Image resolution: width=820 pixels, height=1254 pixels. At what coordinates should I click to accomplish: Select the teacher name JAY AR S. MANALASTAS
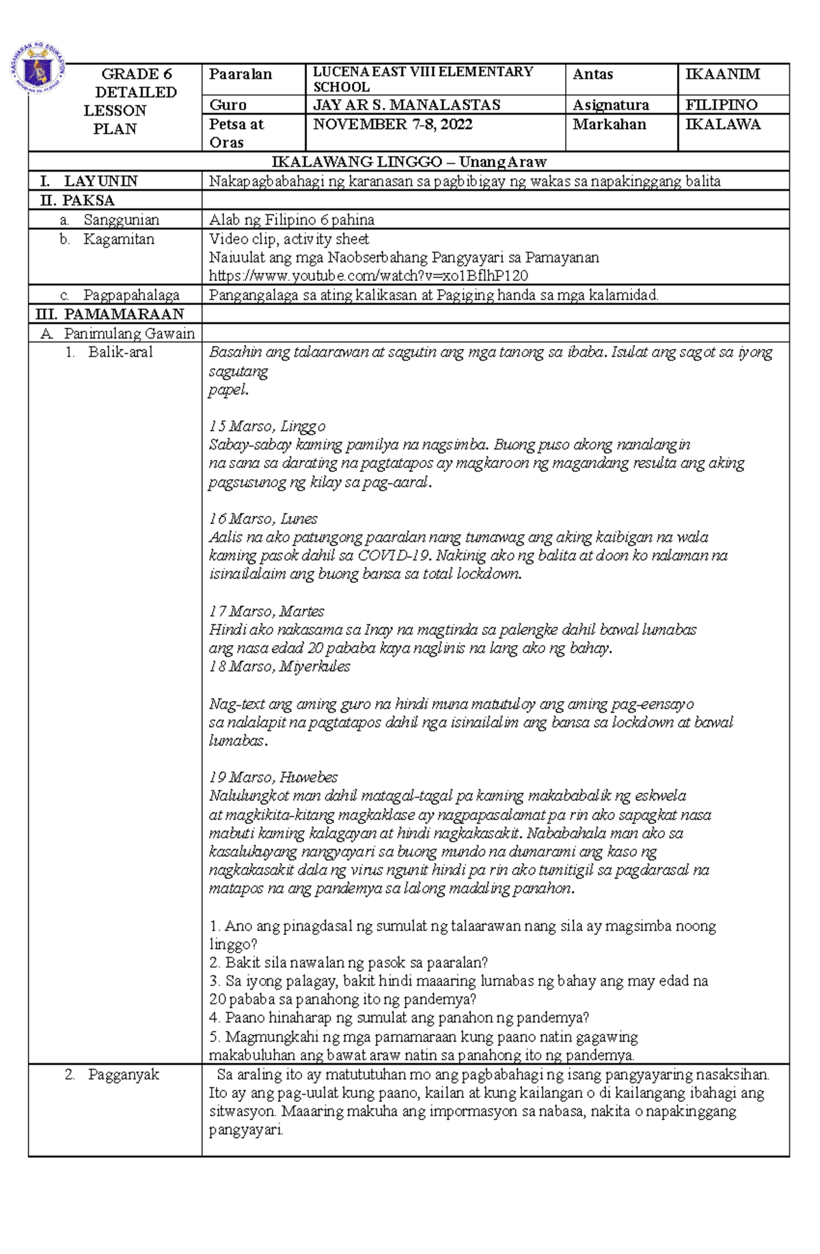point(406,105)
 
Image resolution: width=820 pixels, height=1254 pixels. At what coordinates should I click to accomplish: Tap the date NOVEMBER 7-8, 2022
point(392,124)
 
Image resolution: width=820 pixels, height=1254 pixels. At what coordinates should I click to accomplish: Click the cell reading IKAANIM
point(722,74)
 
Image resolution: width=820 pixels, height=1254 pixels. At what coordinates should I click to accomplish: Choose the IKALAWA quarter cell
point(722,124)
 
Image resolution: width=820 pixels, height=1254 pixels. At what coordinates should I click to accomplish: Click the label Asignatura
point(610,105)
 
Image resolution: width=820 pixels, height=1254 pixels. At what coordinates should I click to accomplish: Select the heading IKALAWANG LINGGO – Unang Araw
point(409,162)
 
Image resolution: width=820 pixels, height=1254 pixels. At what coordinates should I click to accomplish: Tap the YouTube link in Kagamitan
point(368,276)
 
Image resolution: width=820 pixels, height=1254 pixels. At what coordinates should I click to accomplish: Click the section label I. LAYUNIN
point(89,181)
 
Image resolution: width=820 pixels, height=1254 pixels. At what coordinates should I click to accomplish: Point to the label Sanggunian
point(121,220)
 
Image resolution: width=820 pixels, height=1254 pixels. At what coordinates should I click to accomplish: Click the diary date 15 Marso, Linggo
point(267,426)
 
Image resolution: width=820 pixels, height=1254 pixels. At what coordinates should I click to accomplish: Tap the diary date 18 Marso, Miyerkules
point(279,666)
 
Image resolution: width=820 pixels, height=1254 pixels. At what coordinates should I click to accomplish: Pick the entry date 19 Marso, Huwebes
point(273,778)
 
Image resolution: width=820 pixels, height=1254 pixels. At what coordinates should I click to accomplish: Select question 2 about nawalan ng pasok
point(348,963)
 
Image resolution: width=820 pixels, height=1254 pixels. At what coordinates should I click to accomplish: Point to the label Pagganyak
point(123,1074)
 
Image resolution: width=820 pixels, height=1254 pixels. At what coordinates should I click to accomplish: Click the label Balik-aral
point(120,353)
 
